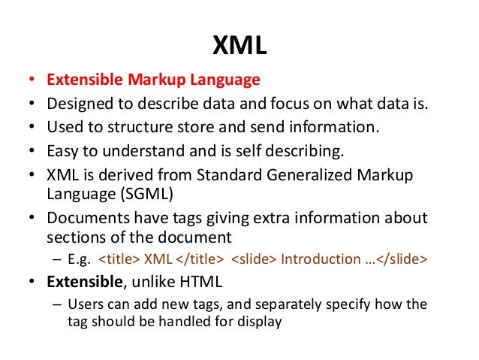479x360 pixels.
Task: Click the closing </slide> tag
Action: coord(402,260)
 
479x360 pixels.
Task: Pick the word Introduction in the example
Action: coord(314,260)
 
